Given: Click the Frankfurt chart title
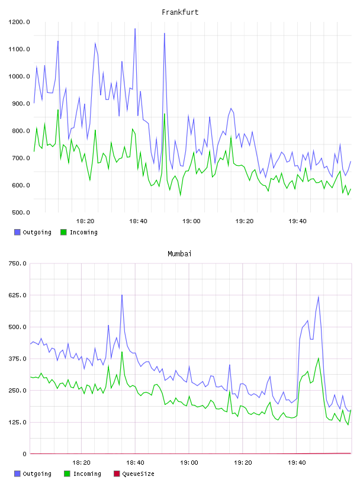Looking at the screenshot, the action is point(180,12).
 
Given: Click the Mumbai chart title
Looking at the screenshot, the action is point(179,254).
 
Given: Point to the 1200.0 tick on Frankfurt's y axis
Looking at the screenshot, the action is point(19,22).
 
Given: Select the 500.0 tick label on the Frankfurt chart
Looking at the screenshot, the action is point(21,212).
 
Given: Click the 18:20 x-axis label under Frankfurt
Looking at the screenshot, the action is point(85,221).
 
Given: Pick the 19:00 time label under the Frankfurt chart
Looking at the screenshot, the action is point(191,221).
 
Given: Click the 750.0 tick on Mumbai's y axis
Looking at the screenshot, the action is point(17,263).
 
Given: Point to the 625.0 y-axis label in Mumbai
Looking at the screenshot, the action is point(17,295).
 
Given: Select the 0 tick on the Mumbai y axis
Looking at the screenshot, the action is point(24,454).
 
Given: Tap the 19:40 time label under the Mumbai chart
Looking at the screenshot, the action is point(297,463).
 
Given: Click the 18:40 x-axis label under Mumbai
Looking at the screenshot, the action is point(135,463).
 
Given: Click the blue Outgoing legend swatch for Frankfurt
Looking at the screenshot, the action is point(17,232).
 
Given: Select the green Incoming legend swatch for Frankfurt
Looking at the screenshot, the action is point(63,232).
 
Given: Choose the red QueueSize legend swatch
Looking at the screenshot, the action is point(117,474).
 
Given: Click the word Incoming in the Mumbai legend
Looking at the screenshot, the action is point(87,474).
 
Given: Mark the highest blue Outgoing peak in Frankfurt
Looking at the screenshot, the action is point(135,28).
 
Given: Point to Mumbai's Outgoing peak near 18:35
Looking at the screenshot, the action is point(122,295).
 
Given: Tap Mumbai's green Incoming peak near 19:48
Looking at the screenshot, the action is point(319,358).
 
